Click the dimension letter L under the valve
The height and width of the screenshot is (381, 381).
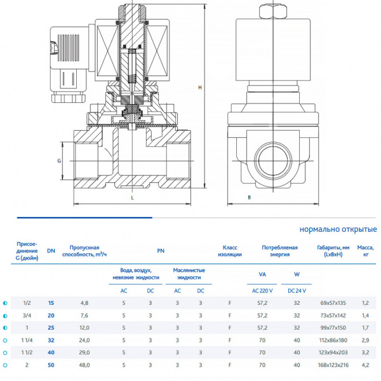[132, 198]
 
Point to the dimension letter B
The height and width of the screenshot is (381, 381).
[250, 198]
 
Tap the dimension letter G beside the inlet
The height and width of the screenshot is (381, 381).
[59, 161]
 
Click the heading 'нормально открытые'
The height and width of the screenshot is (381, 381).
[338, 229]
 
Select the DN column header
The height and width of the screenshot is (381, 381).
[51, 251]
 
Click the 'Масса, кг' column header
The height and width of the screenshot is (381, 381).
[365, 251]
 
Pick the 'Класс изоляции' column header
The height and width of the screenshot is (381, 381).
[230, 251]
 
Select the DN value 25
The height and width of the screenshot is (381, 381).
[51, 328]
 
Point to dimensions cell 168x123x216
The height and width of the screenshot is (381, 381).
[333, 365]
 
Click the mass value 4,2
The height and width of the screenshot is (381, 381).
[365, 365]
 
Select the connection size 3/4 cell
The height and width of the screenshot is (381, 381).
[27, 315]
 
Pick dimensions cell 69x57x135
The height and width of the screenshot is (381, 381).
[333, 303]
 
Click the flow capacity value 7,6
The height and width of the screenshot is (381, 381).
[84, 315]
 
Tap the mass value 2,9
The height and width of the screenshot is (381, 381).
[365, 340]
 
